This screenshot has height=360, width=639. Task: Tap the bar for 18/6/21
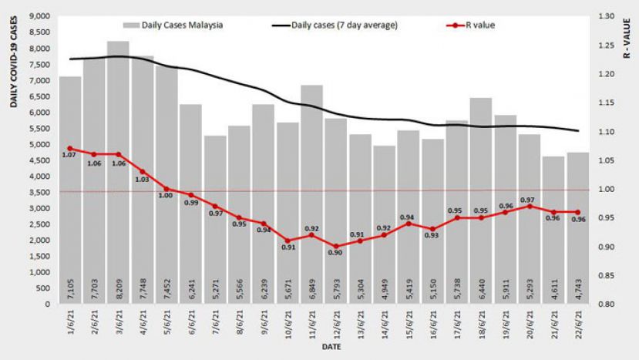(481, 200)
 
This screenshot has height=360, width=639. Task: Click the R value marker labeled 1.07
(70, 148)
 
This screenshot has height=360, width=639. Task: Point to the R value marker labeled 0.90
(336, 246)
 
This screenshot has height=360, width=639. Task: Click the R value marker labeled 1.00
(166, 189)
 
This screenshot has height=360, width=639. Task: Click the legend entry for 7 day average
(336, 25)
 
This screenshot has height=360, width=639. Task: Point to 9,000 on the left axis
(38, 16)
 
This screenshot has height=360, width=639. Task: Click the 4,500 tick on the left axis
(38, 160)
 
